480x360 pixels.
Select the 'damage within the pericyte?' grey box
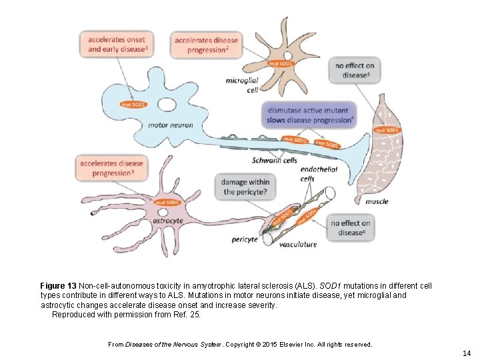point(246,187)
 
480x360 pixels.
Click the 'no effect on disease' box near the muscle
point(355,70)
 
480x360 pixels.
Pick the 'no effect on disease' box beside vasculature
point(351,228)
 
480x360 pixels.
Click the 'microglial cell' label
point(243,85)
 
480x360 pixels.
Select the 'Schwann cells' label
point(275,160)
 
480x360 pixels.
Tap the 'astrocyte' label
point(168,221)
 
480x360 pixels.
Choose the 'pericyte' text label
point(245,239)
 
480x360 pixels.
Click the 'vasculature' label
point(298,245)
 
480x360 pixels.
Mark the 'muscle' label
point(377,201)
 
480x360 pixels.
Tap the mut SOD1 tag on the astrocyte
point(167,202)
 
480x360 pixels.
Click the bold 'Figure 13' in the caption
point(58,286)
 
